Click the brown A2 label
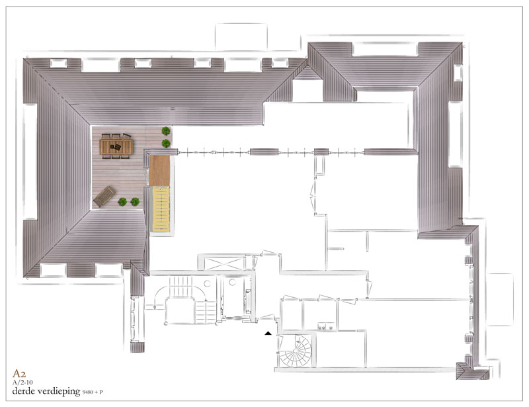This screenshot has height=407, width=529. [x=19, y=373]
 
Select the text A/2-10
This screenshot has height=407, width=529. [x=22, y=383]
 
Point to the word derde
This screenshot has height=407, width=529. [x=24, y=391]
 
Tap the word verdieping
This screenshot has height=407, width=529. [x=59, y=392]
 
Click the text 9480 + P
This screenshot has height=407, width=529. [x=93, y=392]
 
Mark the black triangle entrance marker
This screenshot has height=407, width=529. [x=268, y=334]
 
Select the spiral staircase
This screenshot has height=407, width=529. [x=296, y=351]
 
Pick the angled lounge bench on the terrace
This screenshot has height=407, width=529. [x=104, y=197]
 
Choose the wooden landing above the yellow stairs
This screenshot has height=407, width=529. [x=159, y=171]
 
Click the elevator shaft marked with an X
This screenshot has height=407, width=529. [x=224, y=263]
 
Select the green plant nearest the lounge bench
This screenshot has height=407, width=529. [x=122, y=202]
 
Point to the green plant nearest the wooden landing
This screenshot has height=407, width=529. [x=166, y=143]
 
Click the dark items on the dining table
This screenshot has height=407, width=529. [x=115, y=147]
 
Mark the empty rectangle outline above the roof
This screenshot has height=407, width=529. [x=241, y=37]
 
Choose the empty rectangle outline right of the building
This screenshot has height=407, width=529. [x=500, y=300]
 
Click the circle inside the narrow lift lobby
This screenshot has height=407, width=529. [x=232, y=282]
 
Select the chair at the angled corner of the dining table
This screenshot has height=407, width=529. [x=126, y=136]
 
